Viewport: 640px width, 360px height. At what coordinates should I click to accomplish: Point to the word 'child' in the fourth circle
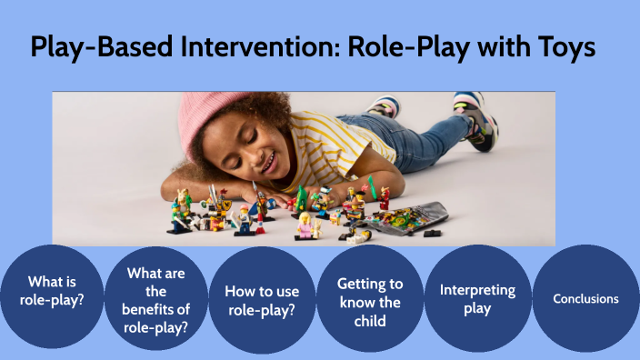tap(370, 320)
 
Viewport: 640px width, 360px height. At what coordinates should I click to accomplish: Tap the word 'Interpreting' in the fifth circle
tap(477, 290)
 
